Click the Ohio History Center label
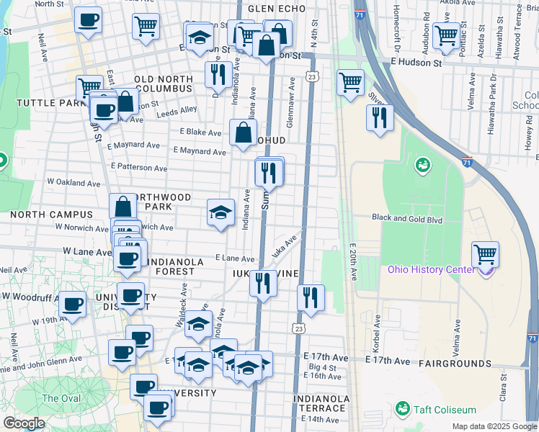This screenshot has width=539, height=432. click(431, 270)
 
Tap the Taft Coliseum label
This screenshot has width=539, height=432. click(442, 410)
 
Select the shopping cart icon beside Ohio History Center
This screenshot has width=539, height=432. click(486, 254)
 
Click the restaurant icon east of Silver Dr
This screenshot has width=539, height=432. click(380, 117)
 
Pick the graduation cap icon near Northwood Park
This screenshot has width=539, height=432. click(221, 212)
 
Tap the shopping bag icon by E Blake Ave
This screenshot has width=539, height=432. click(243, 132)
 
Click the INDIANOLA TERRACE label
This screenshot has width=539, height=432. click(321, 403)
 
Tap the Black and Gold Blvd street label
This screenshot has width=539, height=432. click(406, 218)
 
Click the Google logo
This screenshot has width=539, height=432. click(23, 423)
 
